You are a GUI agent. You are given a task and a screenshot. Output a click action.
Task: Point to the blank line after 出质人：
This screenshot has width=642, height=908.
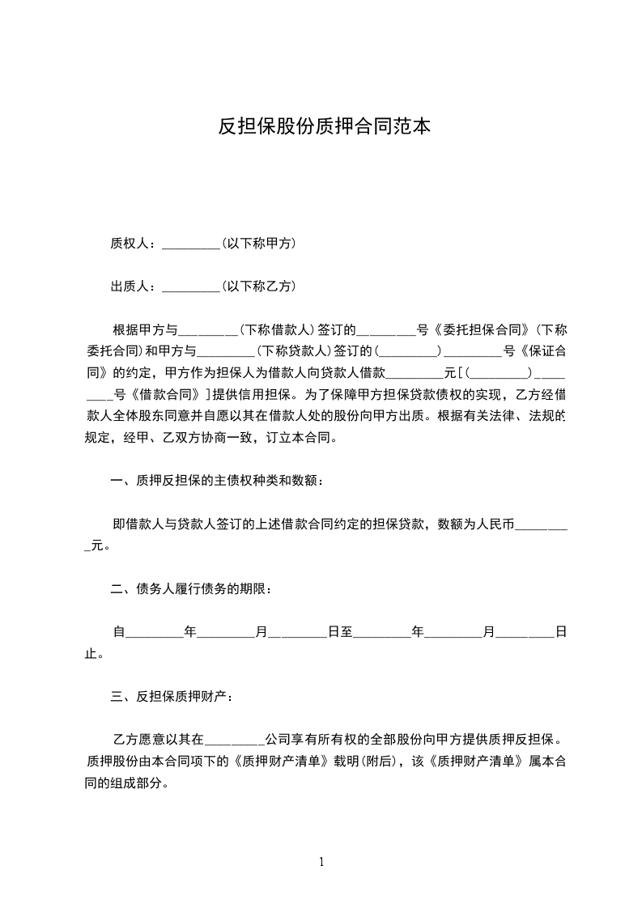tap(191, 288)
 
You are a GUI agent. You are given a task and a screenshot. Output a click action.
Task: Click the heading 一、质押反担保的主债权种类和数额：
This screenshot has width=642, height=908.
tap(219, 482)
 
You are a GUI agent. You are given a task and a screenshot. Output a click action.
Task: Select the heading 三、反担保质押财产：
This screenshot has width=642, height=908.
tap(175, 696)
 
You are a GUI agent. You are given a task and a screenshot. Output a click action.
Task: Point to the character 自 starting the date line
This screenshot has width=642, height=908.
tap(119, 631)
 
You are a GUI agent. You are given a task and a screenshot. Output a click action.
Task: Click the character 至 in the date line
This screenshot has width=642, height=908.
tap(347, 631)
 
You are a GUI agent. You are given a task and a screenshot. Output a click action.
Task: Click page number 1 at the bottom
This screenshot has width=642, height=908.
tap(321, 862)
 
